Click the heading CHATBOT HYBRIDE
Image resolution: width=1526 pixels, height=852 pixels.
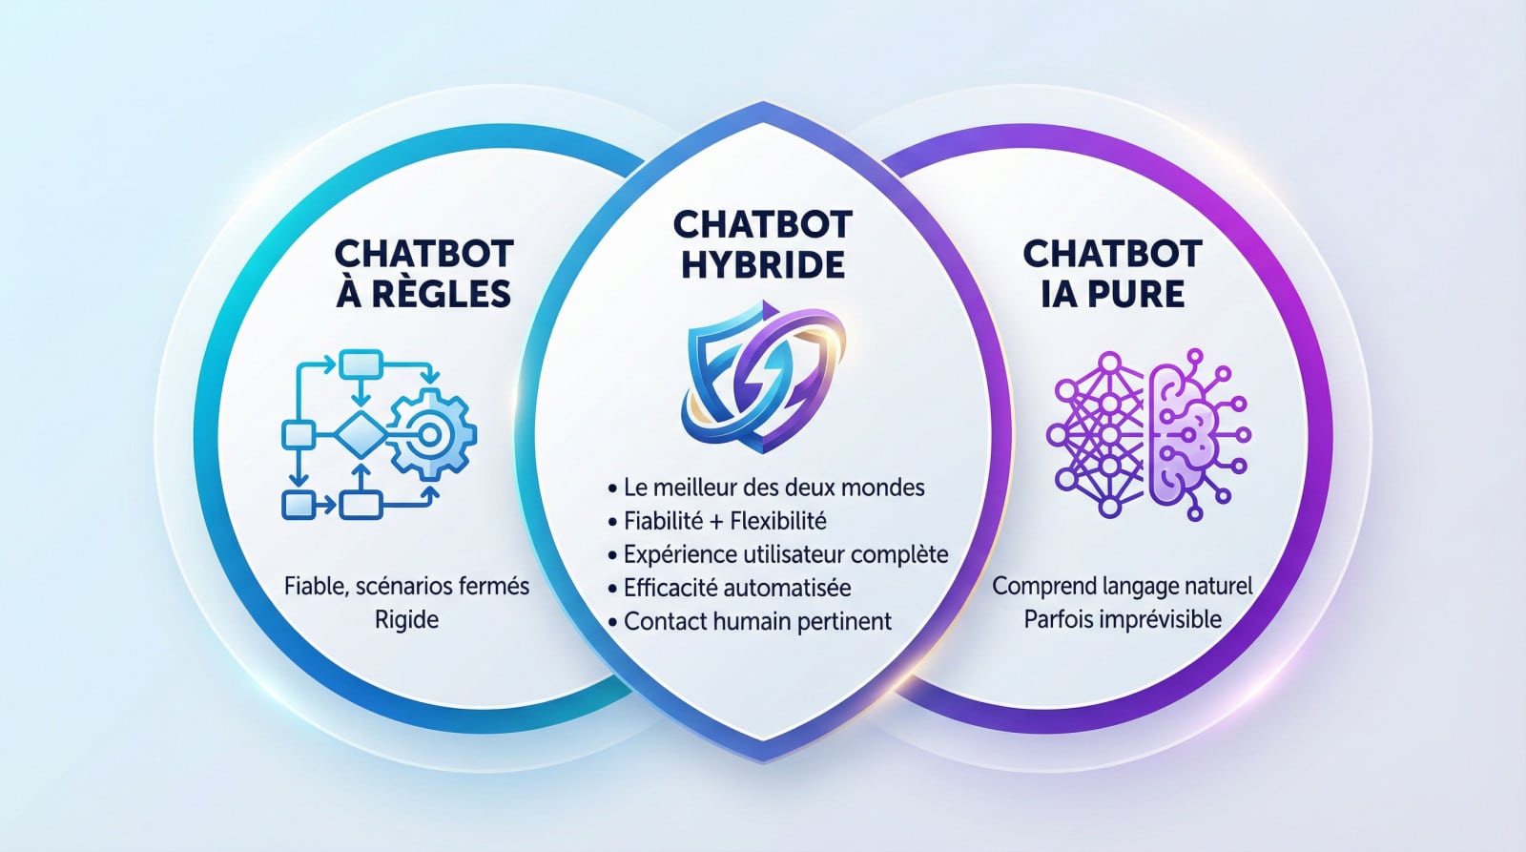pyautogui.click(x=762, y=244)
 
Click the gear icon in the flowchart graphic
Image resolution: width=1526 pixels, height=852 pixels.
pyautogui.click(x=431, y=435)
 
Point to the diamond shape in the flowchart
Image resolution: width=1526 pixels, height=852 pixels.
pyautogui.click(x=359, y=435)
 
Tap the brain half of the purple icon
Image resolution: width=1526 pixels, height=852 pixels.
pyautogui.click(x=1187, y=435)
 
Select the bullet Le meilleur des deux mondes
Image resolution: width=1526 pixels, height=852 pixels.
pyautogui.click(x=773, y=488)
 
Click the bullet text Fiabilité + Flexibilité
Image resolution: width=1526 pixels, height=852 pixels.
pyautogui.click(x=725, y=521)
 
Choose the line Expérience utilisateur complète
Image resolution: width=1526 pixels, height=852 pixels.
pyautogui.click(x=785, y=554)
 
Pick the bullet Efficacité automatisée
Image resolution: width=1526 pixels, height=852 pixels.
pyautogui.click(x=736, y=588)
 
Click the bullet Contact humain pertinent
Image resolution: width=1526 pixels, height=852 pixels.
pyautogui.click(x=757, y=621)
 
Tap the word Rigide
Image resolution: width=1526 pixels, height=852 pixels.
pyautogui.click(x=406, y=619)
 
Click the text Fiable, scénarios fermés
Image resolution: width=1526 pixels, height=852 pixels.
pyautogui.click(x=406, y=585)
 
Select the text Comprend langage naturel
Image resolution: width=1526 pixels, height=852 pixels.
pyautogui.click(x=1123, y=585)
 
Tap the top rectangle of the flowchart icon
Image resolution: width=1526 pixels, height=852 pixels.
pyautogui.click(x=361, y=364)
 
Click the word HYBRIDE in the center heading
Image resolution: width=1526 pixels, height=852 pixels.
pyautogui.click(x=762, y=264)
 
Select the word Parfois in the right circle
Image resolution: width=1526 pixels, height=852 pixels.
pyautogui.click(x=1058, y=619)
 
